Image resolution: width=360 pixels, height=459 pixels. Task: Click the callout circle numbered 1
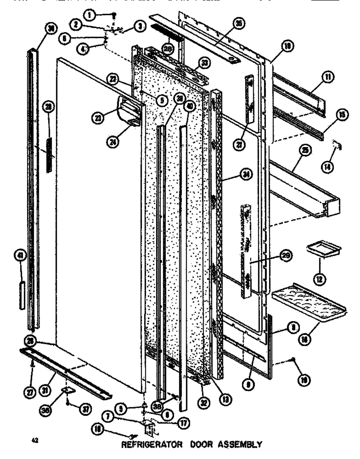pos(89,14)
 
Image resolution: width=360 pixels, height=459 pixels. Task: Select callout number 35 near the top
pos(238,23)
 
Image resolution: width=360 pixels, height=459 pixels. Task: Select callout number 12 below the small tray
pos(320,278)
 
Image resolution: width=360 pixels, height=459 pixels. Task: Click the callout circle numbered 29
pos(285,256)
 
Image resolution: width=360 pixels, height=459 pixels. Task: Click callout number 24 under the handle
pos(114,142)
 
